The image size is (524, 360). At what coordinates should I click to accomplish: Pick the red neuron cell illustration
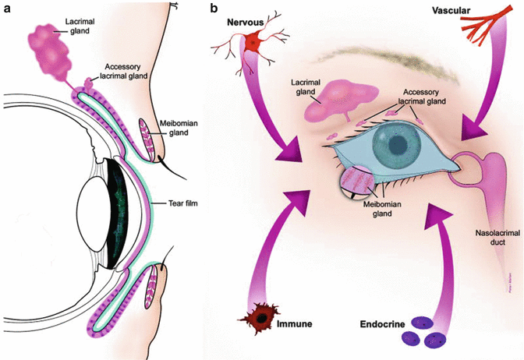pos(252,43)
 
